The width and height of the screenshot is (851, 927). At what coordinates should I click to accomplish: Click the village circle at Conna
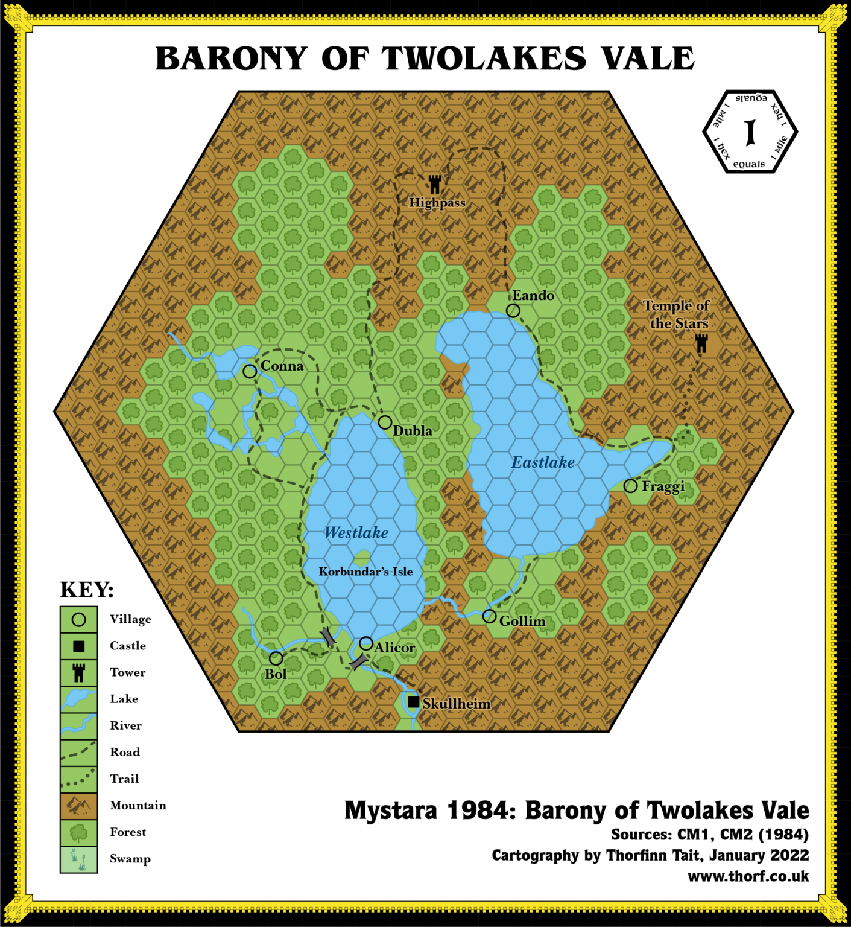coord(250,371)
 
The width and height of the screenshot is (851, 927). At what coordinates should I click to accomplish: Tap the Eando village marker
coord(513,310)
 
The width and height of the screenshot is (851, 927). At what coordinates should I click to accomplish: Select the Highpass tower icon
coord(435,184)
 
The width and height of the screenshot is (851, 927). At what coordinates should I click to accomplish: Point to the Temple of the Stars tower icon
coord(701,343)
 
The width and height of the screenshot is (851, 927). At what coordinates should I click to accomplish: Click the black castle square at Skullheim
coord(413,702)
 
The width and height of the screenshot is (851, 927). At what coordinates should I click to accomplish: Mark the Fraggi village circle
coord(630,486)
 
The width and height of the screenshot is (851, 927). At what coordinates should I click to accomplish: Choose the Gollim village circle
coord(489,616)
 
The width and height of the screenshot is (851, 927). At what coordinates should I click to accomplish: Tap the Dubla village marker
coord(385,422)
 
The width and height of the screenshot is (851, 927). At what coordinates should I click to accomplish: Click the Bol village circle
coord(276,658)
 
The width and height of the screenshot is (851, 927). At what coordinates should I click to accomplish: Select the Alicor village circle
coord(365,643)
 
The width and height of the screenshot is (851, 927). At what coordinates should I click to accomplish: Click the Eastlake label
coord(543,462)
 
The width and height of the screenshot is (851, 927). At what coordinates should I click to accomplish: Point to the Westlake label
coord(356,532)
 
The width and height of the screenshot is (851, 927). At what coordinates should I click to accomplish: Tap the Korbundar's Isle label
coord(365,572)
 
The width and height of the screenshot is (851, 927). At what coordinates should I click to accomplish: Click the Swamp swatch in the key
coord(78,859)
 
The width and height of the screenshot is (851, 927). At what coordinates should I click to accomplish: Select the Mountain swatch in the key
coord(78,806)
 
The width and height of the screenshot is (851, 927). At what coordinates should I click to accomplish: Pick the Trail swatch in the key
coord(78,779)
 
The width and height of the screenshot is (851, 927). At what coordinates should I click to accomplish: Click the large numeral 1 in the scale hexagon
coord(750,132)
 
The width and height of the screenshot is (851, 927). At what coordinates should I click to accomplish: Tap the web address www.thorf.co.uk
coord(748,876)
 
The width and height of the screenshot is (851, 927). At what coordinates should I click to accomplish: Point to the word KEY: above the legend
coord(87,590)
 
